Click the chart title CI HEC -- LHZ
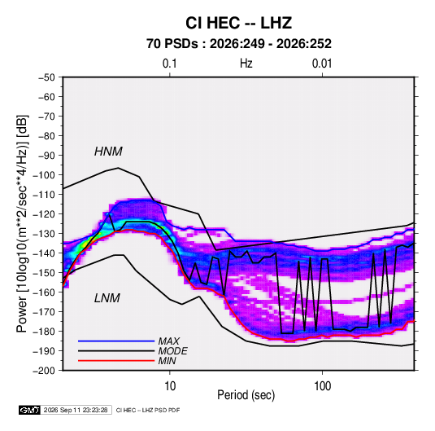(238, 23)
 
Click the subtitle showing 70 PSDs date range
(239, 44)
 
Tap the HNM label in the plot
(108, 152)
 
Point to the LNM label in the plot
(107, 298)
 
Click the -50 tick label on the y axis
(46, 77)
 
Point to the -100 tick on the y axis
(44, 175)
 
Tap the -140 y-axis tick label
(44, 253)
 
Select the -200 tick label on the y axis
(44, 371)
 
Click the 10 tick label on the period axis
(170, 386)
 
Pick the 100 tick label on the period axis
(322, 386)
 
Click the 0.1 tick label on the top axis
(169, 64)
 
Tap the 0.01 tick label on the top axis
(322, 64)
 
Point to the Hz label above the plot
(246, 64)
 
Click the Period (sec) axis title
(246, 395)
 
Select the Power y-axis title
(22, 224)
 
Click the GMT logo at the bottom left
(29, 410)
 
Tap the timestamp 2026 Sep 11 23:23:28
(76, 410)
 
